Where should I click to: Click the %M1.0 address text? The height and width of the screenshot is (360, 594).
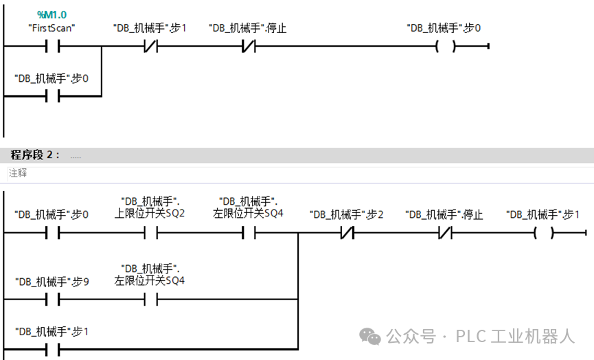[52, 15]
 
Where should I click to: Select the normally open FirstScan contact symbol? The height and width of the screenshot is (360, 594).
[52, 47]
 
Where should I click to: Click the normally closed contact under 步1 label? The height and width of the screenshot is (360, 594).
[150, 47]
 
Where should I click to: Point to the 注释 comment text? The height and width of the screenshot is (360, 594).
[18, 174]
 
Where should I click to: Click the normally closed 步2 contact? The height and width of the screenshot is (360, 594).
[347, 233]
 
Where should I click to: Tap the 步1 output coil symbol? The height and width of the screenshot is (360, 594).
[543, 233]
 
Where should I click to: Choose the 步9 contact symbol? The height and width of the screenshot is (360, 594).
[52, 300]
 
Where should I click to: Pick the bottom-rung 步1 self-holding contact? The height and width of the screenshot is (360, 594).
[52, 349]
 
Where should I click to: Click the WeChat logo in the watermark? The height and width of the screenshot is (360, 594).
[372, 337]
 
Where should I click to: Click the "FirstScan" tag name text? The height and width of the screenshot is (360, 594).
[52, 28]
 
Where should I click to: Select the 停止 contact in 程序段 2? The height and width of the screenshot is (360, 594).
[445, 233]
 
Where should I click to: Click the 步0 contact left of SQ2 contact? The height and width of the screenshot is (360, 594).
[52, 233]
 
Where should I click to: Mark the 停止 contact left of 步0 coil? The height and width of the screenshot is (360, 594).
[248, 47]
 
